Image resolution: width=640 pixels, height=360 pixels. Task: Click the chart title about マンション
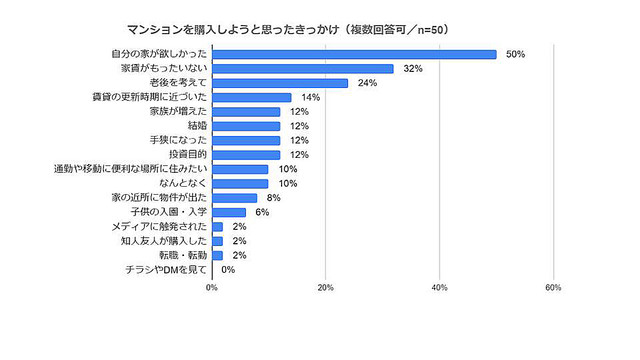287,29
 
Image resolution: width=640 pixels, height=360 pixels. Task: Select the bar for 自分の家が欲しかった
354,54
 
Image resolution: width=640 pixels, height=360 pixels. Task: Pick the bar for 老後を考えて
280,83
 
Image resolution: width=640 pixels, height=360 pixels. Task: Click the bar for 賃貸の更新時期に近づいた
251,97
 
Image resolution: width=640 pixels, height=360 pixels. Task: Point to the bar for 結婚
246,126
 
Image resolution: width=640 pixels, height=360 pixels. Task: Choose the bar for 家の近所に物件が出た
234,198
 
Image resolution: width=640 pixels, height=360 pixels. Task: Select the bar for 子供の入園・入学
229,212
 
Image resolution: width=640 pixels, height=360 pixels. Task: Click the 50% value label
517,54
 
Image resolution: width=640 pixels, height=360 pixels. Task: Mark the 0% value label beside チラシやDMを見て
227,269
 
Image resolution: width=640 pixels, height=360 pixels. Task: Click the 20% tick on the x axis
325,288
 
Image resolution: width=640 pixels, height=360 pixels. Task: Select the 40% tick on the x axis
439,288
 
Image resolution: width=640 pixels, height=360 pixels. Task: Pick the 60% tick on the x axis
552,288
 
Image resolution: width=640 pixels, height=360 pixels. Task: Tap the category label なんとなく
185,184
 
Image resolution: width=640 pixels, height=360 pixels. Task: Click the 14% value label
309,97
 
